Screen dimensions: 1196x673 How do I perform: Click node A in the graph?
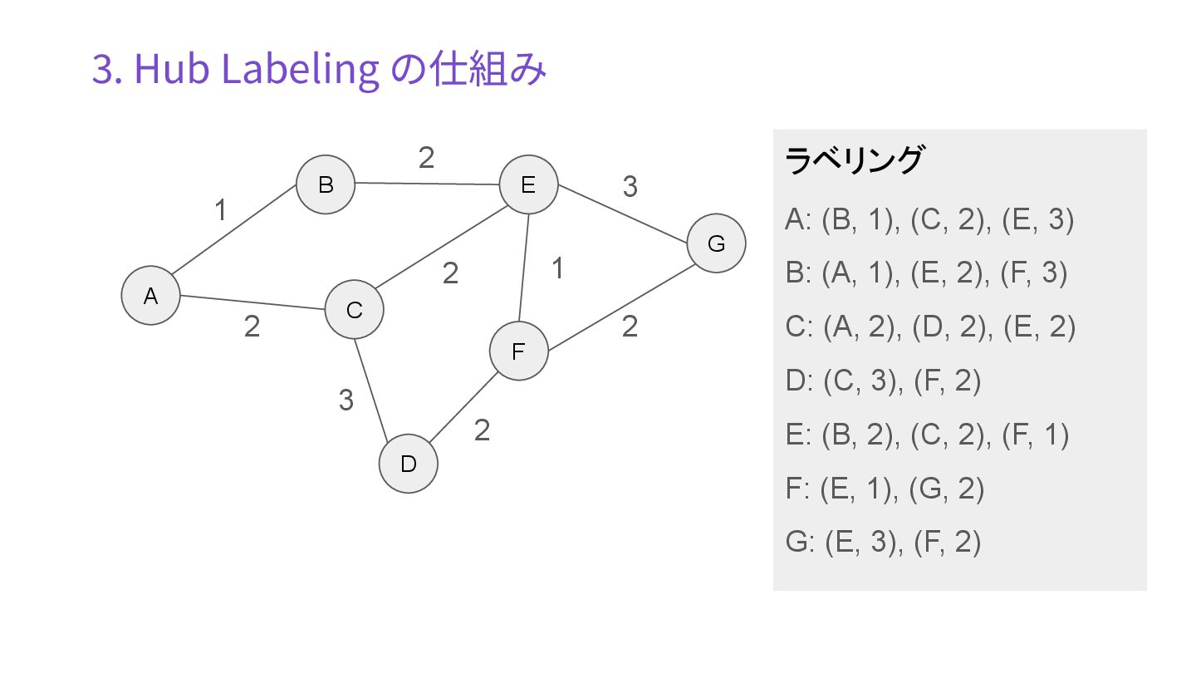(150, 295)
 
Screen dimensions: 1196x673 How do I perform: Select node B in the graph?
(326, 184)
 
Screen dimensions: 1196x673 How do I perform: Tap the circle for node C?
(354, 310)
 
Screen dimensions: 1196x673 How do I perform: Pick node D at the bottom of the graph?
(408, 464)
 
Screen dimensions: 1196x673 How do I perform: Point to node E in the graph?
(528, 185)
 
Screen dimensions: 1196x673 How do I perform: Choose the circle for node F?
(518, 351)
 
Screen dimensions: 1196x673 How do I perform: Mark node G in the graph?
(716, 243)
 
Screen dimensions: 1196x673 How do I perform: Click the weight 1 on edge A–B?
(220, 211)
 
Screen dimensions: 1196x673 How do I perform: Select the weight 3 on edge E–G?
(630, 188)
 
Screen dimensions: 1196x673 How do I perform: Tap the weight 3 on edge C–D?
(346, 400)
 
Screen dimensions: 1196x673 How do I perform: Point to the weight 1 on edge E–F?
(558, 268)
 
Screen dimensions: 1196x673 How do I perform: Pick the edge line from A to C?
(249, 302)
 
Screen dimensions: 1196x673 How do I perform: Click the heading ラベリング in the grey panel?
(854, 160)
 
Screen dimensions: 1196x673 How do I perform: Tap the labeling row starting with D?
(883, 381)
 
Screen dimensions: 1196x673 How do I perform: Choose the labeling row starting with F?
(885, 489)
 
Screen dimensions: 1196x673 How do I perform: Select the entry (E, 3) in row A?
(1037, 220)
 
